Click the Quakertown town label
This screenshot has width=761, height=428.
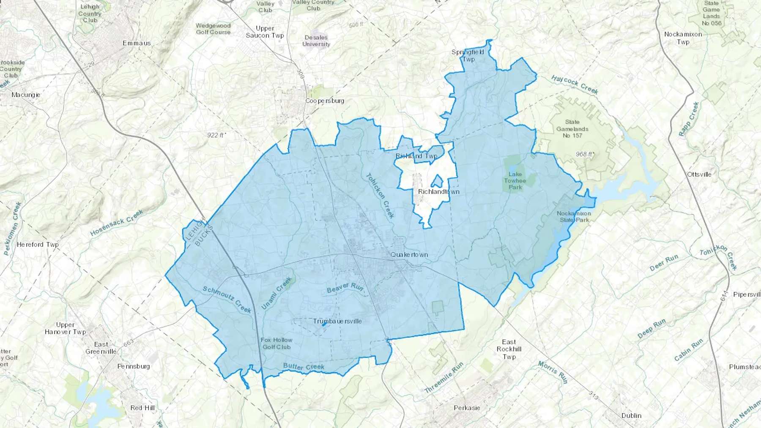(409, 255)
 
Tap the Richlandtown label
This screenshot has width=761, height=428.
(438, 192)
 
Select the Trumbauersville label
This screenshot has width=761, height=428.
(337, 321)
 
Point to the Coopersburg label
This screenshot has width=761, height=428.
(325, 101)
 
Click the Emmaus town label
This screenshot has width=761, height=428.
(137, 43)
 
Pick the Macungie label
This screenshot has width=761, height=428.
(26, 95)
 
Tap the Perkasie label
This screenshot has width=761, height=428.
(467, 408)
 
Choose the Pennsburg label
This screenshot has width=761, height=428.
(134, 366)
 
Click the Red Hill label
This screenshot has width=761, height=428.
(142, 408)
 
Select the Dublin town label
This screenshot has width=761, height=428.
(631, 415)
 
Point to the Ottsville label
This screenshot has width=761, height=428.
(699, 174)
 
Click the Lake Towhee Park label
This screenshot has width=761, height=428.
(515, 180)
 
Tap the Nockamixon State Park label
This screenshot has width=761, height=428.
(574, 216)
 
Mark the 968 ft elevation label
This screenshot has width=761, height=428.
(584, 154)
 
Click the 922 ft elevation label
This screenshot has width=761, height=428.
(216, 135)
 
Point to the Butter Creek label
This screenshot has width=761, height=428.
(304, 366)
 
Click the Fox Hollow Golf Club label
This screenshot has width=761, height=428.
(276, 343)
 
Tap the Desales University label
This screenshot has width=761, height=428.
(316, 41)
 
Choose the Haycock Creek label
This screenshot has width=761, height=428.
(575, 85)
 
